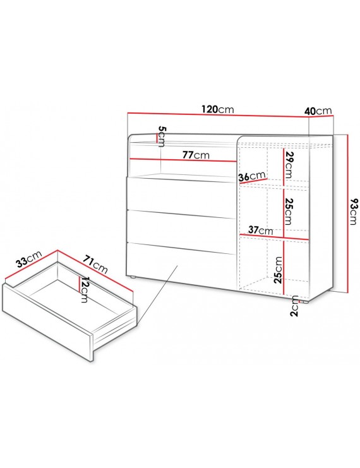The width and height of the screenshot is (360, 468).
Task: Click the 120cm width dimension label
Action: pyautogui.click(x=217, y=109)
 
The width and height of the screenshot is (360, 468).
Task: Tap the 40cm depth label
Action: pyautogui.click(x=318, y=111)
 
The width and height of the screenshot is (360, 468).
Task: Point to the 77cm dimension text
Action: pyautogui.click(x=196, y=155)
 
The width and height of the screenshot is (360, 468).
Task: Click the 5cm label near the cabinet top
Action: pyautogui.click(x=162, y=136)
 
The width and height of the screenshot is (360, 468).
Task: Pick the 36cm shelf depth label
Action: pyautogui.click(x=252, y=176)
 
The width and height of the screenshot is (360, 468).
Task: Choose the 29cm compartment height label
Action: pyautogui.click(x=289, y=165)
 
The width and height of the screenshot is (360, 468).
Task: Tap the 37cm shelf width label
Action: pyautogui.click(x=261, y=230)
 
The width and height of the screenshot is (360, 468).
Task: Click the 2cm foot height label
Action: pyautogui.click(x=294, y=306)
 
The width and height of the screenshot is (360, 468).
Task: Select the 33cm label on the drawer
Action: pyautogui.click(x=29, y=259)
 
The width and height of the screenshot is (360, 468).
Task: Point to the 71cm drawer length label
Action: pyautogui.click(x=95, y=264)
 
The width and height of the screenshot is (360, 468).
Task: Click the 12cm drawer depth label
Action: pyautogui.click(x=85, y=289)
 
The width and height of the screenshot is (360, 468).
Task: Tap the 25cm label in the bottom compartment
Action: pyautogui.click(x=278, y=270)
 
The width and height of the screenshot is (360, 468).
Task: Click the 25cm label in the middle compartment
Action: pyautogui.click(x=288, y=212)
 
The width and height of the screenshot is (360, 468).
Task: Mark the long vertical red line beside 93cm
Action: pyautogui.click(x=348, y=213)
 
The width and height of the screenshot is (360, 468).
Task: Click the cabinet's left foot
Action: pyautogui.click(x=132, y=277)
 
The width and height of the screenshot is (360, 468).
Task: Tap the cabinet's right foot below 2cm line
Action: pyautogui.click(x=305, y=302)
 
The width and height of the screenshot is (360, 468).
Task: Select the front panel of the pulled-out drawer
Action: pyautogui.click(x=48, y=322)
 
